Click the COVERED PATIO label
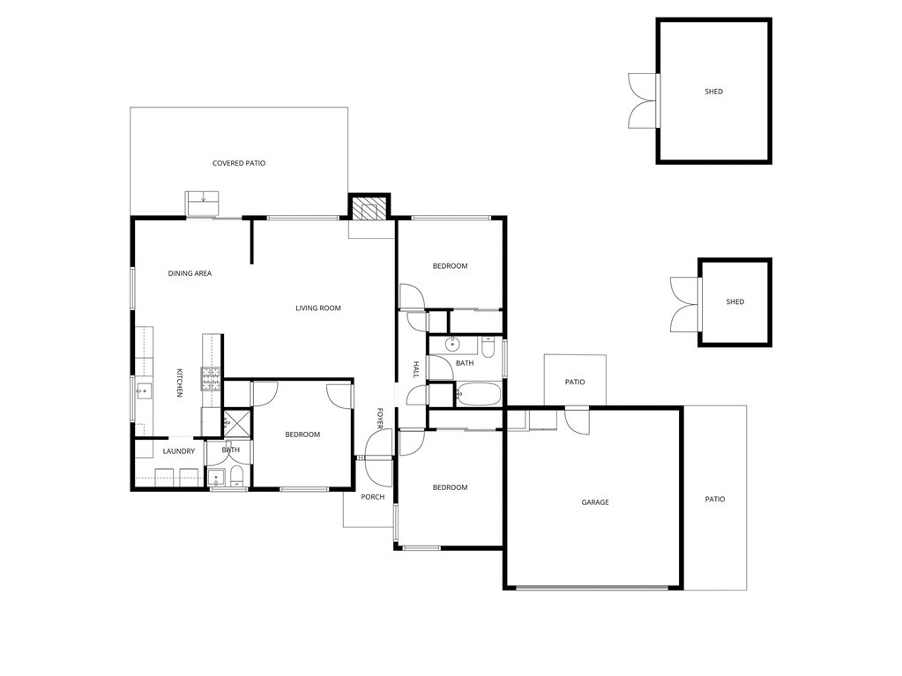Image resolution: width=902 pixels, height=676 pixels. [239, 163]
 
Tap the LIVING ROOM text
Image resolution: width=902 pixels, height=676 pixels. [318, 308]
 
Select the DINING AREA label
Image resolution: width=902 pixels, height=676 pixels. [190, 273]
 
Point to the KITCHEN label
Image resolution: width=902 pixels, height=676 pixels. [180, 383]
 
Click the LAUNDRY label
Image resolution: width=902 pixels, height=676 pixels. [179, 451]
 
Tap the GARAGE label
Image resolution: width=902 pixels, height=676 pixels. [595, 502]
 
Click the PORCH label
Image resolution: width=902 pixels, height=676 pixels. [373, 497]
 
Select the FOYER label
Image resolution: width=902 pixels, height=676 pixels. [380, 419]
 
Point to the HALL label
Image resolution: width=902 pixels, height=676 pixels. [416, 369]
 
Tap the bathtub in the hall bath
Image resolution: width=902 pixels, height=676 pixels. [478, 394]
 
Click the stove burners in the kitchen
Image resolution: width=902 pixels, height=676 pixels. [211, 379]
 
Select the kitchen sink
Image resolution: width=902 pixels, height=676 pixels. [144, 391]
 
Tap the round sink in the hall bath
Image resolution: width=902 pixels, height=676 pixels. [452, 345]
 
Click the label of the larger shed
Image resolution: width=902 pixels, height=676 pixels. [714, 92]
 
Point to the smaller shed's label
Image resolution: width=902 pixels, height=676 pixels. [735, 301]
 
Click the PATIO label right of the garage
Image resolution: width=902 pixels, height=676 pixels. [715, 500]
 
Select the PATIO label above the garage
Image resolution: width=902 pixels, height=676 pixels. [575, 383]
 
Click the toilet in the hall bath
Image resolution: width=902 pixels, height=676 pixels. [488, 347]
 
